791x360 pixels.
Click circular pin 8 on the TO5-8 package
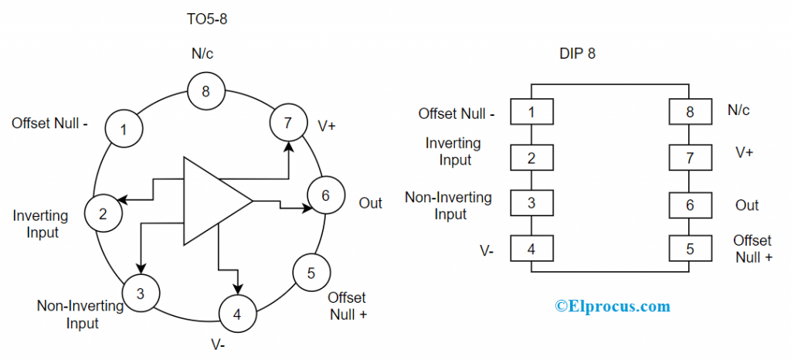coord(205,92)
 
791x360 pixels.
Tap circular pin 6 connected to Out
coord(325,195)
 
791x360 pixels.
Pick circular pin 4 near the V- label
coord(237,314)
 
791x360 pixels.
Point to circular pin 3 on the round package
coord(140,293)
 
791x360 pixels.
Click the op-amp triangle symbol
coord(212,201)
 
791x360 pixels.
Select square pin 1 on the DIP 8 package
coord(531,112)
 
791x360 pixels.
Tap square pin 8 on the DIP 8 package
coord(690,112)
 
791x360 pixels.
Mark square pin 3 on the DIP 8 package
coord(531,205)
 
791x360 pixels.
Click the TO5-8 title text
coord(205,19)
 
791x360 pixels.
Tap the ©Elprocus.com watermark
coord(613,307)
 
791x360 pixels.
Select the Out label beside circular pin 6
coord(371,203)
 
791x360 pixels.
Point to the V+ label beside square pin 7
coord(745,152)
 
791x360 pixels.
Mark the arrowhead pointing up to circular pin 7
coord(287,146)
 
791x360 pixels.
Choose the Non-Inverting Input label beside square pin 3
coord(449,205)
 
